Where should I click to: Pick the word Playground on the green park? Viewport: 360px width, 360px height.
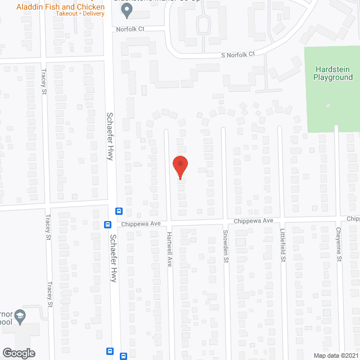pos(332,77)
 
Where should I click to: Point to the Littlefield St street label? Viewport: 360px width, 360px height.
pos(283,247)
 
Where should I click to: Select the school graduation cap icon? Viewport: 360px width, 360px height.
pos(20,315)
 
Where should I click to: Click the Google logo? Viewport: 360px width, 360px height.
pos(18,353)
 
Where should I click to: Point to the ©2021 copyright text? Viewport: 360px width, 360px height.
pos(350,355)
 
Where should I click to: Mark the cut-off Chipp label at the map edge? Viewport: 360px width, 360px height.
pos(353,219)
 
